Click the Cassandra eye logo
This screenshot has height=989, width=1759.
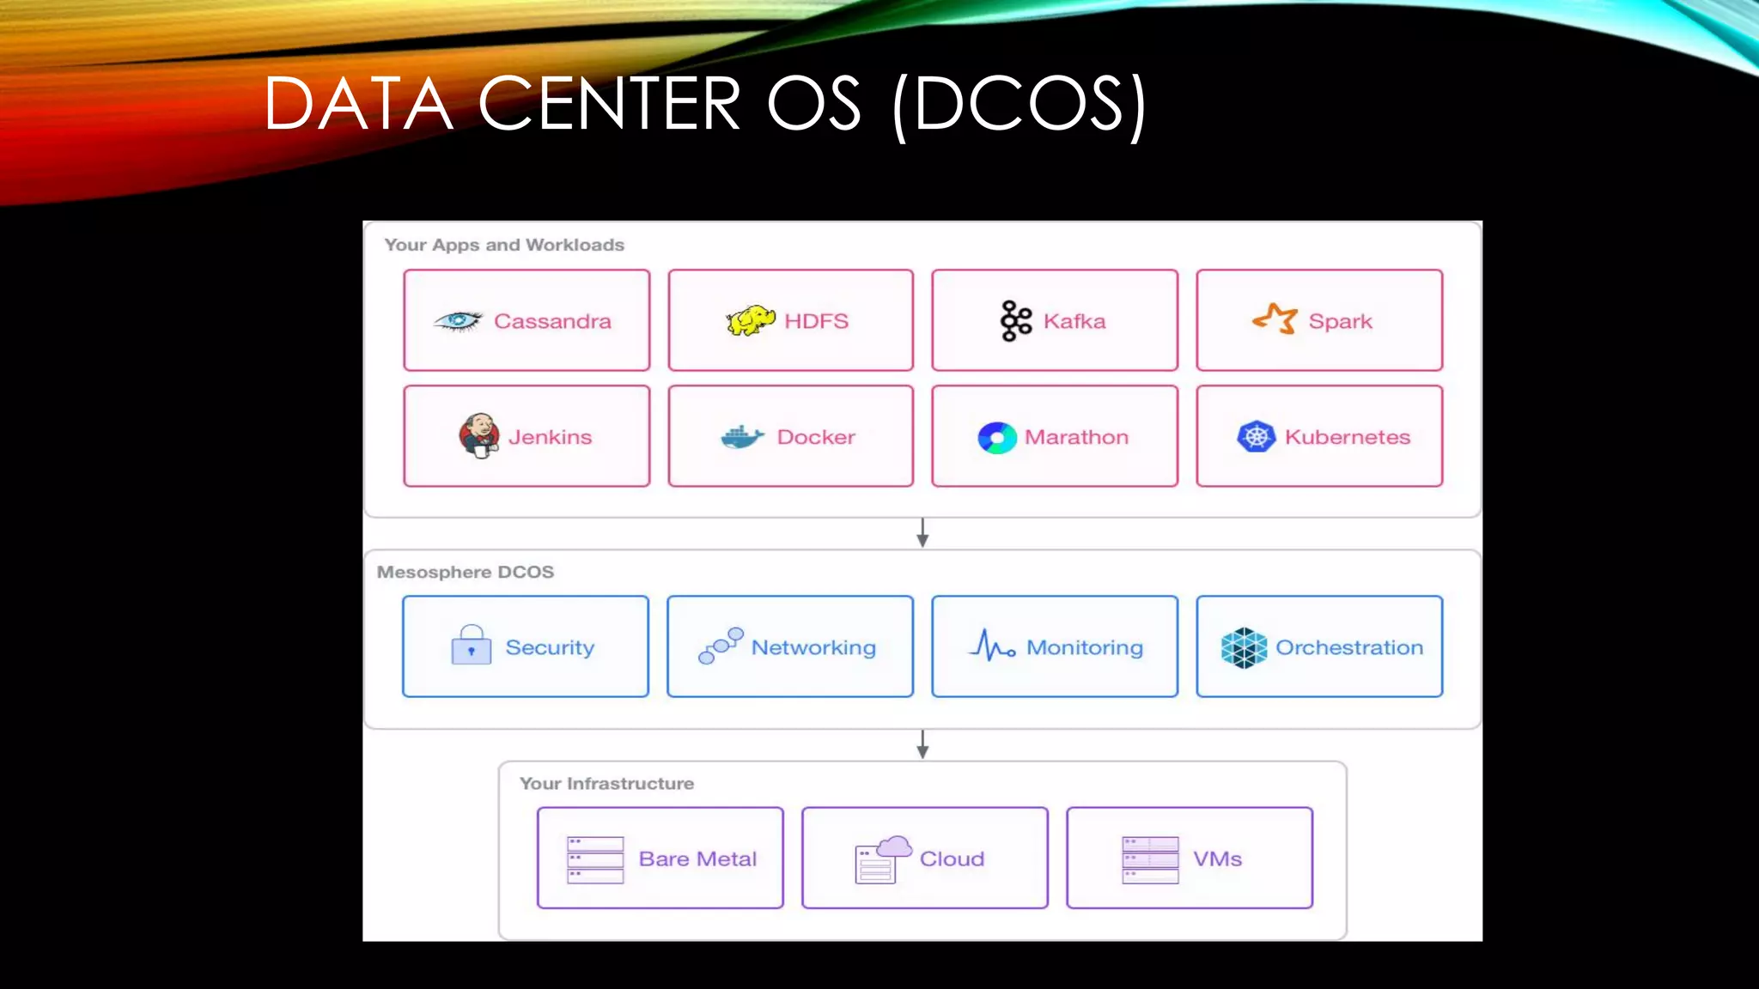click(458, 321)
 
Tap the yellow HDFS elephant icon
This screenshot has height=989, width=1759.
click(751, 320)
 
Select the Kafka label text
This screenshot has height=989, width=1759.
click(1074, 321)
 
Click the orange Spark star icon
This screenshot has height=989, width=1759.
click(1275, 319)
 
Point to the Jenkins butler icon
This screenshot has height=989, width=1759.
click(479, 435)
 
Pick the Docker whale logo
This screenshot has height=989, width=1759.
click(742, 437)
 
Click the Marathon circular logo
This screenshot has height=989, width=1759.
click(997, 437)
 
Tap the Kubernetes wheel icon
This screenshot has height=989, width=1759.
click(1256, 436)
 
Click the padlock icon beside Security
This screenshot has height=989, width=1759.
click(472, 646)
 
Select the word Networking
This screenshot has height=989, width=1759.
click(813, 647)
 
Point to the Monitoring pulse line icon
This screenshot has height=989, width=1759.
click(992, 646)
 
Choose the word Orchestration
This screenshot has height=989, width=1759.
click(1348, 647)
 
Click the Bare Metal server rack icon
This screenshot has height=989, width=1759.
click(595, 859)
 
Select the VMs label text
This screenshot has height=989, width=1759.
click(1217, 859)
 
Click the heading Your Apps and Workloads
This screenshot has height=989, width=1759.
click(504, 245)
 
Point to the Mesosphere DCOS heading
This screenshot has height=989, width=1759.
click(466, 572)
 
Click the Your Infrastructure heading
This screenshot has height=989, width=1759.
click(606, 783)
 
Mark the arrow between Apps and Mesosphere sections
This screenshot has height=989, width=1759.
click(922, 532)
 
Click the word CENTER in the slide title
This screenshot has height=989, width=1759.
click(609, 104)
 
